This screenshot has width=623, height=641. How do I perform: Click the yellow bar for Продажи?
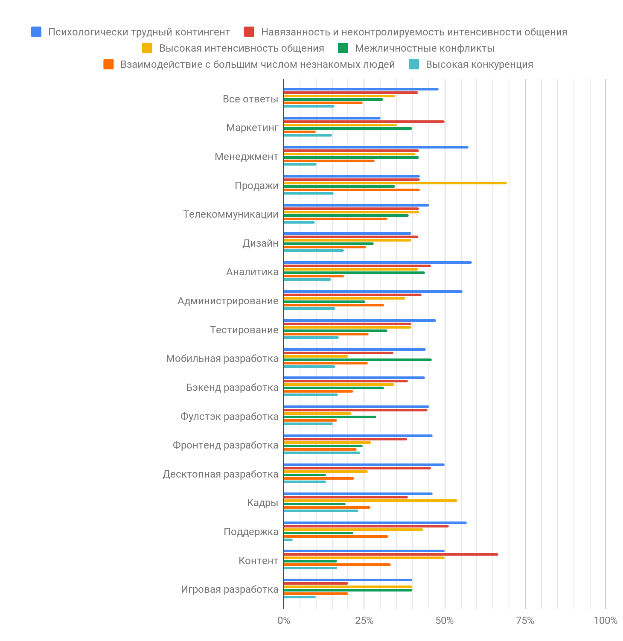click(395, 183)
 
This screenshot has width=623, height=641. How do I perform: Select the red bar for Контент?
click(391, 554)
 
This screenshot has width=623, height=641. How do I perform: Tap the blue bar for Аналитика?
click(378, 262)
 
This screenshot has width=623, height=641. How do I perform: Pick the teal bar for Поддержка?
click(288, 540)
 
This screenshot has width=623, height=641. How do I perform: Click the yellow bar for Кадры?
click(370, 501)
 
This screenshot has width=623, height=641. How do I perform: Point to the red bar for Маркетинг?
click(364, 122)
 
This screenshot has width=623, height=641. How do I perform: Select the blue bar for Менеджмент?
click(376, 147)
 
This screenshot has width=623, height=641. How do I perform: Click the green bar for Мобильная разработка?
click(358, 360)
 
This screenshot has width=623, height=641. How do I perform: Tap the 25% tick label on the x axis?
click(364, 621)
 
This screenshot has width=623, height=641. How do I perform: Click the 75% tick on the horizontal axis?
click(525, 621)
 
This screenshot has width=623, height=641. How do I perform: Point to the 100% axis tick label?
click(605, 621)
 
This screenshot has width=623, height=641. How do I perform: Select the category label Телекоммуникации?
click(230, 214)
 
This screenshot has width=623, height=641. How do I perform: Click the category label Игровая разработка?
click(230, 589)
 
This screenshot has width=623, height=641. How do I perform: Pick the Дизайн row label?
click(260, 243)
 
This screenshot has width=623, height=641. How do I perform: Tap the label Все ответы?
click(250, 99)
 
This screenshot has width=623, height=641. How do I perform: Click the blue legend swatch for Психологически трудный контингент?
click(36, 32)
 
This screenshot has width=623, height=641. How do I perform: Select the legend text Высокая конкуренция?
click(479, 64)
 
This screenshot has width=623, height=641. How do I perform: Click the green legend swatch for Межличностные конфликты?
click(343, 48)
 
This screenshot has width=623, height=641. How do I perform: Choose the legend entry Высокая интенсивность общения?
click(242, 48)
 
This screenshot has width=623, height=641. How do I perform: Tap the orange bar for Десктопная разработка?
click(319, 478)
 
